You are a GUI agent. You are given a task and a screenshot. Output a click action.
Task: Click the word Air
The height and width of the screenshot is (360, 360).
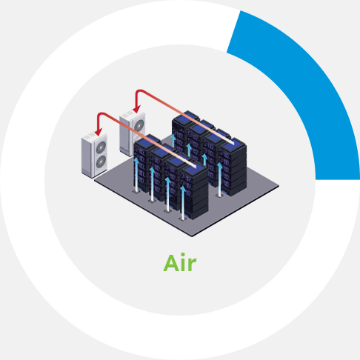(180, 262)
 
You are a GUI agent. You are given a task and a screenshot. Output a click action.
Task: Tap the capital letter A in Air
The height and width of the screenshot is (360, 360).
(171, 263)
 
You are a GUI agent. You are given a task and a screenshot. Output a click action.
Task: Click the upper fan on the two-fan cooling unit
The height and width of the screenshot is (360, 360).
(101, 147)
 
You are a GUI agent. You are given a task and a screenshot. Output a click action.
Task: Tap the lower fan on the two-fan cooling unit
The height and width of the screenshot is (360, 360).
(101, 161)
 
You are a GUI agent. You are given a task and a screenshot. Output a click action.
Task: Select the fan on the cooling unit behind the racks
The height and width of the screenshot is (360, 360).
(139, 125)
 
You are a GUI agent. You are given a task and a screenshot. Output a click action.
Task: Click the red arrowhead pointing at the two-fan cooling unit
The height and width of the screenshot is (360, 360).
(99, 132)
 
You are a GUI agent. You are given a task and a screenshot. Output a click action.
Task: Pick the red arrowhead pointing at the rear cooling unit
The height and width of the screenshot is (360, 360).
(136, 109)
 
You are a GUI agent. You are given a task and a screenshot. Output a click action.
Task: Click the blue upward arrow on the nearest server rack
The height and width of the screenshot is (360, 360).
(183, 202)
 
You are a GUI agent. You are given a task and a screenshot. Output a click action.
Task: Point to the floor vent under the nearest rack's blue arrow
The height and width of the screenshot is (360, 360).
(182, 219)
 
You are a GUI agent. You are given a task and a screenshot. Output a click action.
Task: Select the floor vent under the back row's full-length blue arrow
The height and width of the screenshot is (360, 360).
(219, 196)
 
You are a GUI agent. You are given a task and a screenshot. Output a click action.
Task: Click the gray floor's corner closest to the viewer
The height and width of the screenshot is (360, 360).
(192, 236)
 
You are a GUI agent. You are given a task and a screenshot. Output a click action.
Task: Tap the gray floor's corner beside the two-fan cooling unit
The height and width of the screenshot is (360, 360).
(95, 179)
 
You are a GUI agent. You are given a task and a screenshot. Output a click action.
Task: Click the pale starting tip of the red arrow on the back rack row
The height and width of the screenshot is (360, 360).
(233, 143)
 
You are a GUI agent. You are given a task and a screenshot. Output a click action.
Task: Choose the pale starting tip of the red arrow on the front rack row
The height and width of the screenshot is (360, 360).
(194, 167)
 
